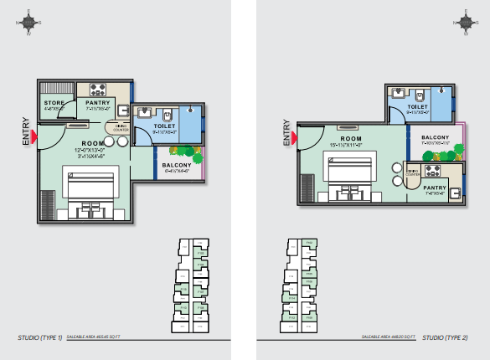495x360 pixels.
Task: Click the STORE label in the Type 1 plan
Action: click(55, 102)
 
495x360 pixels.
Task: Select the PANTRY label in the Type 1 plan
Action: click(99, 102)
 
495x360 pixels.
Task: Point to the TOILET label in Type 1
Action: click(164, 126)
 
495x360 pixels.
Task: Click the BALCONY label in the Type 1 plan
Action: click(177, 165)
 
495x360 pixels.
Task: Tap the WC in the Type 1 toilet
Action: click(168, 114)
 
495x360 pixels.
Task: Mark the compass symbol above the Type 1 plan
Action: click(29, 23)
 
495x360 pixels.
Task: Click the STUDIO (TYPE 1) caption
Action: click(39, 337)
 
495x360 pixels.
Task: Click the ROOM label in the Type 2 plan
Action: click(350, 137)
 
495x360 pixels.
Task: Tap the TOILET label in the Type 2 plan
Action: click(417, 107)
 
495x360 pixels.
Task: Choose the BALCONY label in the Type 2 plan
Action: click(436, 137)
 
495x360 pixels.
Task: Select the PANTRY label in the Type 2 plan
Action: click(434, 188)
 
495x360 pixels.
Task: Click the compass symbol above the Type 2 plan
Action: click(466, 23)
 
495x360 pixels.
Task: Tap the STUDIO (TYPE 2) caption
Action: click(445, 337)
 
